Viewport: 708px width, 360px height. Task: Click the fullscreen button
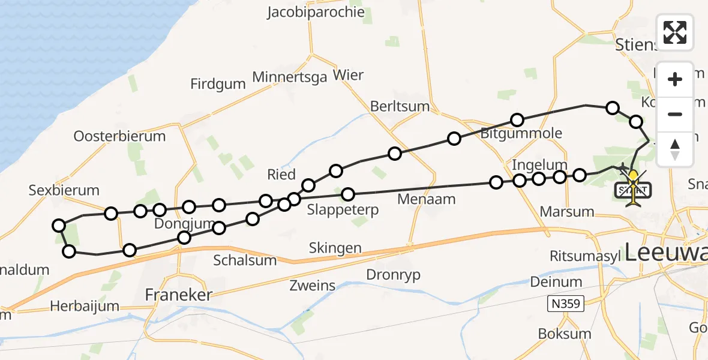(x=675, y=32)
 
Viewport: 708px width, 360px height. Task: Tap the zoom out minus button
(x=675, y=114)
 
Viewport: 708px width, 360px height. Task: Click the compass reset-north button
(x=675, y=149)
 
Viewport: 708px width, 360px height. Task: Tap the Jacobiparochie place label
(x=308, y=12)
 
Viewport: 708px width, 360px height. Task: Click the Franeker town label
(x=179, y=295)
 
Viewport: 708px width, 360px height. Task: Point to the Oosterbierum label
(x=119, y=136)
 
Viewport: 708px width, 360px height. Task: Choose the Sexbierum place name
(x=64, y=191)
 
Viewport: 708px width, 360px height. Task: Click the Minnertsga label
(x=290, y=77)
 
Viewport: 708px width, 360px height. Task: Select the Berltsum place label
(x=400, y=106)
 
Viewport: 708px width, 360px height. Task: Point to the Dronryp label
(x=394, y=275)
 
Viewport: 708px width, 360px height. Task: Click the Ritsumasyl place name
(x=586, y=256)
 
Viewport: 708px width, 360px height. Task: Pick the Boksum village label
(x=565, y=334)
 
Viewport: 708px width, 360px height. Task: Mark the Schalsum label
(x=245, y=260)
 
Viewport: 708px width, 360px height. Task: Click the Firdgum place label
(x=218, y=84)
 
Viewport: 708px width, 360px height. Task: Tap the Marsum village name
(x=567, y=211)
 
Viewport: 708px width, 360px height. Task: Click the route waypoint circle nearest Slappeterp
(x=348, y=194)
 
